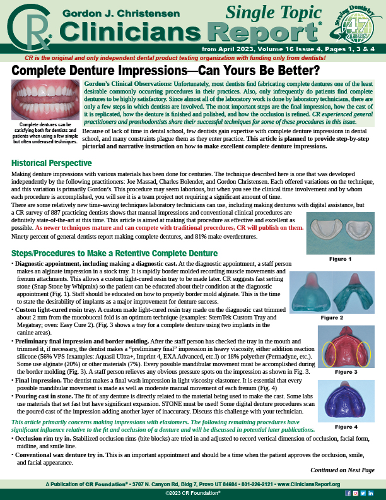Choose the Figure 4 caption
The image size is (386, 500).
coord(344,427)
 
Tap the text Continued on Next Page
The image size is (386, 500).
coord(342,470)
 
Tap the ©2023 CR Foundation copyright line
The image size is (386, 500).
coord(192,492)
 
